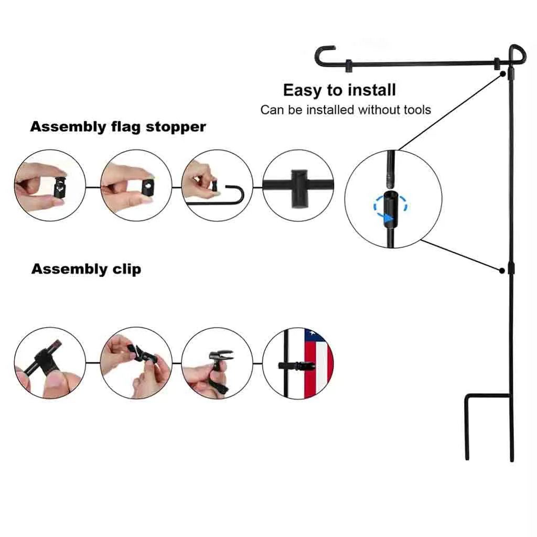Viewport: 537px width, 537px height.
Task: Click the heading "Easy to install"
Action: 339,90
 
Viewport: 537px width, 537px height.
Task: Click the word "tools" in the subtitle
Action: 414,110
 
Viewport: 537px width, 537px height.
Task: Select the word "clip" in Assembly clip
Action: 126,270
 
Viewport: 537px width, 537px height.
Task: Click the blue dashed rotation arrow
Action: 391,207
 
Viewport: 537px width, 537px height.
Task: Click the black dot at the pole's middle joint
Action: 502,271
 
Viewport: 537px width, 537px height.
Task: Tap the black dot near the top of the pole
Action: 502,74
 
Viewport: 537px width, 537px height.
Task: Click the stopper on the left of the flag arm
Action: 348,66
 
